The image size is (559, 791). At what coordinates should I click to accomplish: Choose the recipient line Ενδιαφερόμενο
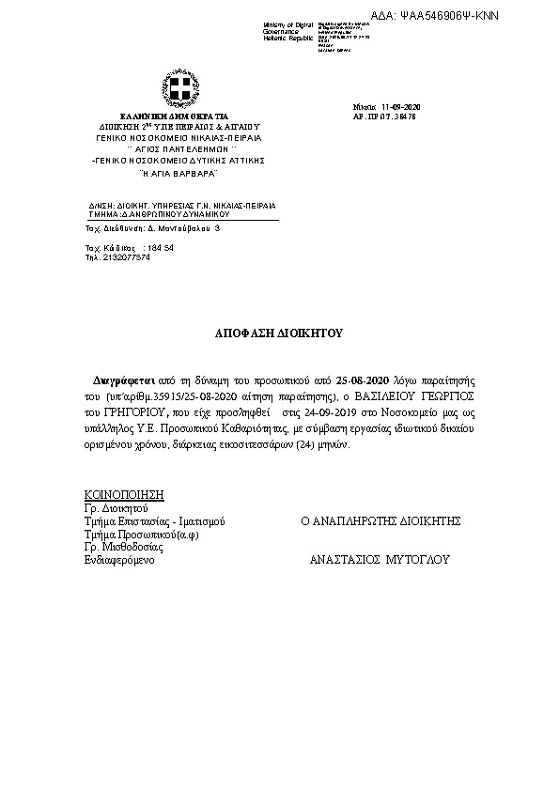[119, 559]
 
